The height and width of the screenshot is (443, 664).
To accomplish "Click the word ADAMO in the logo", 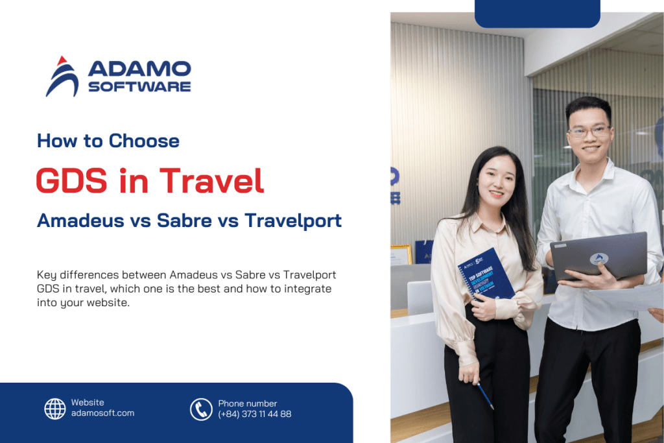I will [x=139, y=69].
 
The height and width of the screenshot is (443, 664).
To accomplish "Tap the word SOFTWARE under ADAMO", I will [x=139, y=87].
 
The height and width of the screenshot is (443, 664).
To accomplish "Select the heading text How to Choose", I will [x=108, y=141].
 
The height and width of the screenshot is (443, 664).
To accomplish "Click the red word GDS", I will [x=71, y=180].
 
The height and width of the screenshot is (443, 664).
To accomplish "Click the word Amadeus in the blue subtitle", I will [x=78, y=221].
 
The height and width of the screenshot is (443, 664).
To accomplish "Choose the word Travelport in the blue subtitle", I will [x=292, y=221].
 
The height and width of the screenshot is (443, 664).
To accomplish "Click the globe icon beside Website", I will [x=55, y=409].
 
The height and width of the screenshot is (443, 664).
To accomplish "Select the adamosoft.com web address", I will [x=102, y=413].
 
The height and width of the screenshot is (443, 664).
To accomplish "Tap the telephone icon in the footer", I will [x=201, y=409].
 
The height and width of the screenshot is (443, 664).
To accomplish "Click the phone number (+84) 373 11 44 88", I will [x=255, y=414].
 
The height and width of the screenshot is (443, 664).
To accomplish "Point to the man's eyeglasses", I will [x=588, y=131].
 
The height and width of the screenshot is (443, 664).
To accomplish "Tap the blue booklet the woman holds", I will [x=486, y=276].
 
